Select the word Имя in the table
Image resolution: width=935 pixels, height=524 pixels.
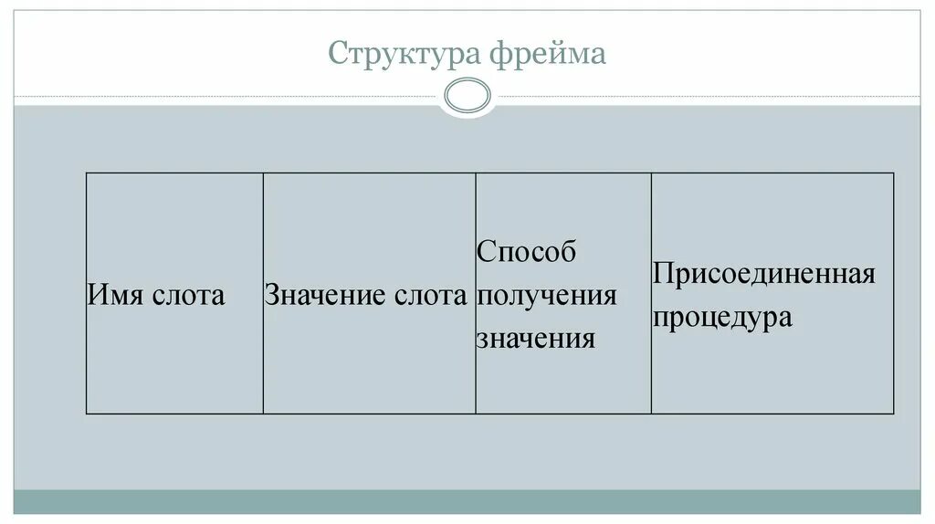[x=110, y=296]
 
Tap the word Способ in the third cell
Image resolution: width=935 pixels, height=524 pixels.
[x=527, y=253]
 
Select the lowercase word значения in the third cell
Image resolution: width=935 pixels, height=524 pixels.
[x=536, y=339]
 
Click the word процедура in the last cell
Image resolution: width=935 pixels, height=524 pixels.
[x=722, y=319]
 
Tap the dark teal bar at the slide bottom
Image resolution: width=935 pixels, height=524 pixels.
[x=467, y=501]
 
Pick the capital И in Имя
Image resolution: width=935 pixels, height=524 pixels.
[x=96, y=296]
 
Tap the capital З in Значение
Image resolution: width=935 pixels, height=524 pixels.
[x=272, y=296]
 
